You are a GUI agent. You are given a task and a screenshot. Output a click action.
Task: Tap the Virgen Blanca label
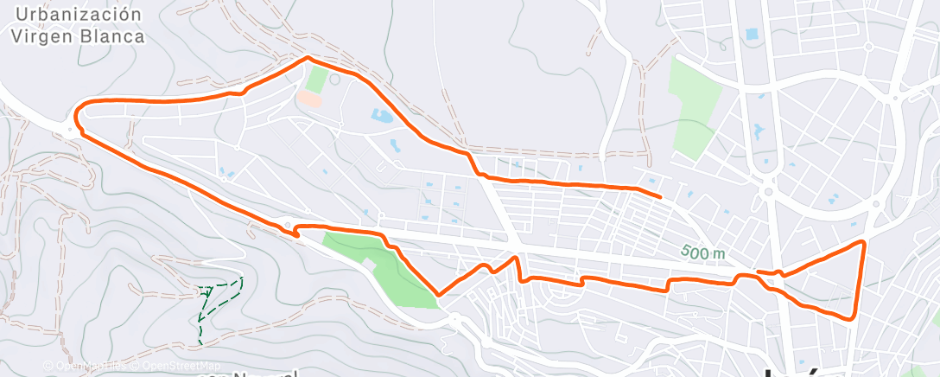point(79,36)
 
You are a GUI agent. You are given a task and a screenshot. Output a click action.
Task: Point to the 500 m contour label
point(702,252)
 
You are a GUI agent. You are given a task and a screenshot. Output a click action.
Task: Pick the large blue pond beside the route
point(381,115)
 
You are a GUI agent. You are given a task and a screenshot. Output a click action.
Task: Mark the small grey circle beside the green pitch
point(335,80)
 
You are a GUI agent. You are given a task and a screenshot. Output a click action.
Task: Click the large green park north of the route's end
point(695,107)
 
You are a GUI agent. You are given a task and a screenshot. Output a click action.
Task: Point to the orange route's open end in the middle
point(661,197)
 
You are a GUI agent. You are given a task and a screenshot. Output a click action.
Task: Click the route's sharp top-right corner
point(862,241)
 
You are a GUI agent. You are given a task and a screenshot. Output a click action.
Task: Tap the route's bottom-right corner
point(854,317)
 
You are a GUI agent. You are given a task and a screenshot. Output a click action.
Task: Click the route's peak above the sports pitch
point(308,58)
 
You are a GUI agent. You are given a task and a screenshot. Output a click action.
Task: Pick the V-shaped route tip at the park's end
point(439,295)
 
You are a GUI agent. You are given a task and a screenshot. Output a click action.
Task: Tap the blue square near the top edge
point(751,35)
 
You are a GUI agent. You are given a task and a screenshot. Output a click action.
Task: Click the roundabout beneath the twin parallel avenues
point(766,190)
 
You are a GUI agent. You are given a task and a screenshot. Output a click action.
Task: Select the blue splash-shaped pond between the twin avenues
point(759,131)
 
